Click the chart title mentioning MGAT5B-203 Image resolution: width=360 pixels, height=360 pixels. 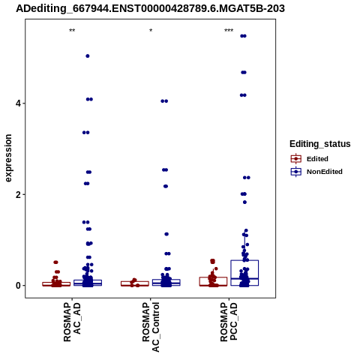150,8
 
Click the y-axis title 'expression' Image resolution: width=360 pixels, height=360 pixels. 8,158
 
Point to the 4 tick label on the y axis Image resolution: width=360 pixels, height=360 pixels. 18,103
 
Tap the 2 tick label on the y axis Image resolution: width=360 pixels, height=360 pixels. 18,194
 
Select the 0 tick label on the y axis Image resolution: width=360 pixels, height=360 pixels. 18,286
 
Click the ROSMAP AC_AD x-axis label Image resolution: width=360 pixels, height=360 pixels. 72,322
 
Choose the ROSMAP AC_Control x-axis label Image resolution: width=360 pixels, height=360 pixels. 151,327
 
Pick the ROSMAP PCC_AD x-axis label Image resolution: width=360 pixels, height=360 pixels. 229,322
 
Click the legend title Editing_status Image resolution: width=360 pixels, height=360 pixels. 320,144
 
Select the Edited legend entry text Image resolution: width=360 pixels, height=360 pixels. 317,159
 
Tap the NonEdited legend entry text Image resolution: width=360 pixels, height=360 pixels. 325,172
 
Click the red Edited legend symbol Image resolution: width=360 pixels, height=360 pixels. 296,159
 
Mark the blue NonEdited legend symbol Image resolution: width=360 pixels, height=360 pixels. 296,172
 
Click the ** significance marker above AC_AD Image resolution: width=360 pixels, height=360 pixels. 72,31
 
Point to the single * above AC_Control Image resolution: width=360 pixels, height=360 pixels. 151,31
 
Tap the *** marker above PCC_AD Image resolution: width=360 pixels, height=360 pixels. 229,31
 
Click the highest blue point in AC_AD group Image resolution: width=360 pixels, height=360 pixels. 88,56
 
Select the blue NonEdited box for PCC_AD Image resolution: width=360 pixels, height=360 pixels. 244,260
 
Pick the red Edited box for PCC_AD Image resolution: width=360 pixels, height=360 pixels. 213,277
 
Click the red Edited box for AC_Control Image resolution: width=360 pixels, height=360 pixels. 135,281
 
